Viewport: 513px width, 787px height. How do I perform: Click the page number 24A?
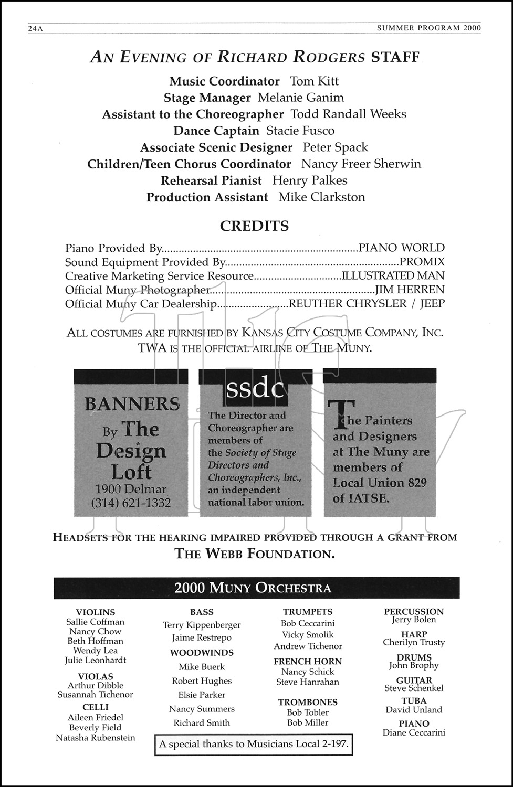[35, 29]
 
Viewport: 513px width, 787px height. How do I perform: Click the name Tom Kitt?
[314, 81]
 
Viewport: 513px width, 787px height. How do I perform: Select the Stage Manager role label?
[207, 98]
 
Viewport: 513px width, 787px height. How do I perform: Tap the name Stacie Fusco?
[300, 131]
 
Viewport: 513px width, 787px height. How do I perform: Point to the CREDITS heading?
[255, 226]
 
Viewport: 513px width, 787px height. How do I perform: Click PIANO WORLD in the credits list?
[402, 248]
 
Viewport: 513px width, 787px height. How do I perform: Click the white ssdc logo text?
[255, 389]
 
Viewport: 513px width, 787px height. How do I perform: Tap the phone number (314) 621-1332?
[131, 503]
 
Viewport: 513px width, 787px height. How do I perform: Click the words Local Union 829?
[380, 483]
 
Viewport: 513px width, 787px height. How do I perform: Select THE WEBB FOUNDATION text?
[255, 554]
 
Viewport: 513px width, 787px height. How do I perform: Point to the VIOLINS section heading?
[96, 612]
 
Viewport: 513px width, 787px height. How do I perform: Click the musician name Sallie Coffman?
[96, 622]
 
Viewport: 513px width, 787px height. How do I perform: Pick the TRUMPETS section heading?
[308, 612]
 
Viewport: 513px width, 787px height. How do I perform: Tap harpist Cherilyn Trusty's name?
[414, 643]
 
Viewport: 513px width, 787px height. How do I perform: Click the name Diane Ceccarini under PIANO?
[414, 733]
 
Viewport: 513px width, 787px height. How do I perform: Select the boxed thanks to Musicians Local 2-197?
[254, 744]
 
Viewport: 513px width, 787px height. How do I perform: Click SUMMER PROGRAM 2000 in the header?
[428, 29]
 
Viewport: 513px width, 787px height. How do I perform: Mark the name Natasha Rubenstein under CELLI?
[96, 738]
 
